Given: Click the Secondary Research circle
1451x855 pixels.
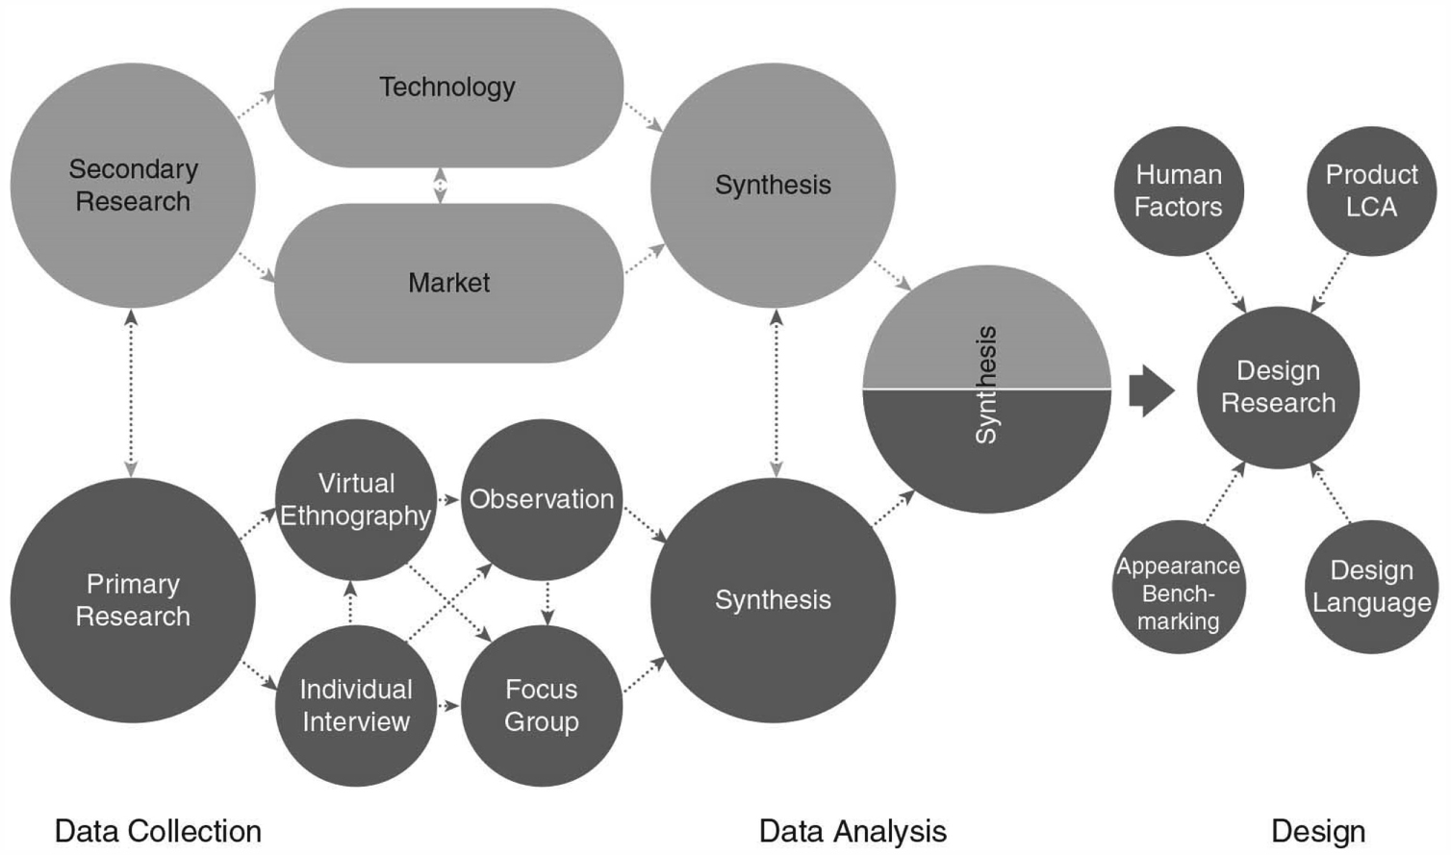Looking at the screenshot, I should (x=133, y=186).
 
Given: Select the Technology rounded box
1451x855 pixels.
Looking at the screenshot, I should (x=448, y=88).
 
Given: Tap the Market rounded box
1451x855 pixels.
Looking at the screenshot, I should (x=448, y=283).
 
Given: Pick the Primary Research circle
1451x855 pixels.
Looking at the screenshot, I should (x=133, y=600).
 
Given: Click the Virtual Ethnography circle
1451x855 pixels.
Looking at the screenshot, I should (x=355, y=500).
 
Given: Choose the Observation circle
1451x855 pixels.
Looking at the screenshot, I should (x=541, y=499).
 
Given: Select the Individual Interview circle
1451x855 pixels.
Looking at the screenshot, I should (x=355, y=705).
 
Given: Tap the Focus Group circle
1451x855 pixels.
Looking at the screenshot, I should (x=541, y=705).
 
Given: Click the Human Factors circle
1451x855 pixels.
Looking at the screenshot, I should (x=1179, y=190).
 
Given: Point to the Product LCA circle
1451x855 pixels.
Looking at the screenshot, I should (x=1371, y=190).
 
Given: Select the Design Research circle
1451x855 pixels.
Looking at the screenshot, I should (x=1278, y=387).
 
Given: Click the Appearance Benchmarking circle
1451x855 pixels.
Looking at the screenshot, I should (x=1179, y=589).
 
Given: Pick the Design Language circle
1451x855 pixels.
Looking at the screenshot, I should (x=1371, y=587).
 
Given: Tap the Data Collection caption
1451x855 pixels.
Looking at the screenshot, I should (x=158, y=831).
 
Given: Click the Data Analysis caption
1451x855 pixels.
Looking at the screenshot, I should (x=853, y=831).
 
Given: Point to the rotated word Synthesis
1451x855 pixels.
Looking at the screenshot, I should (x=986, y=385).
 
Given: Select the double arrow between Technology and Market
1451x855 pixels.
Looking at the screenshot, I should (x=440, y=186).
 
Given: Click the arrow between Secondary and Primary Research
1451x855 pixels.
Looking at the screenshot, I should (x=131, y=392).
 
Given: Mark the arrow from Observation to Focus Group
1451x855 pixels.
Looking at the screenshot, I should (x=547, y=603).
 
